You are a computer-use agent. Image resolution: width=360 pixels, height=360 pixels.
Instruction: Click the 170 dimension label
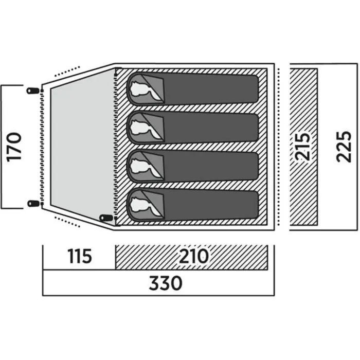pos(15,147)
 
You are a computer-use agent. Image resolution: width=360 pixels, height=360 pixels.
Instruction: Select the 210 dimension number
pos(193,256)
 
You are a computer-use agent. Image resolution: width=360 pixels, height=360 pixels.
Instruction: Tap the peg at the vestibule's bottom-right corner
pos(106,220)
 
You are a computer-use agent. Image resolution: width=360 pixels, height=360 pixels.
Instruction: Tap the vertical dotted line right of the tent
pos(278,147)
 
